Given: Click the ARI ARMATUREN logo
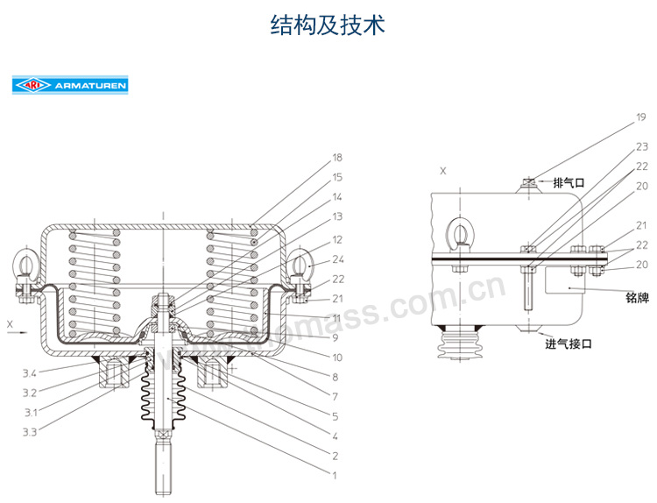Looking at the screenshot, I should coord(70,86).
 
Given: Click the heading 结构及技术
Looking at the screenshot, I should coord(328,25).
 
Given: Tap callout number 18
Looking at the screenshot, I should coord(337,159).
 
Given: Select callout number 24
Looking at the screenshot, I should coord(337,259).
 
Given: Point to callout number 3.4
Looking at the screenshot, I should coord(29,374).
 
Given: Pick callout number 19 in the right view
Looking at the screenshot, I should coord(640,117).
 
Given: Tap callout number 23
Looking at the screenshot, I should coord(641,146).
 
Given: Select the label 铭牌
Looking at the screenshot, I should coord(637,298).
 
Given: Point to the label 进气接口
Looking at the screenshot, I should coord(569,344).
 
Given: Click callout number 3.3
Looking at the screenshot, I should coord(29,432).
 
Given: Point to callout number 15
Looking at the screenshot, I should coord(337,178).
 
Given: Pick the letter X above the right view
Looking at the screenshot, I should coord(443,171).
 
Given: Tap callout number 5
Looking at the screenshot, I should coord(334,415).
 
